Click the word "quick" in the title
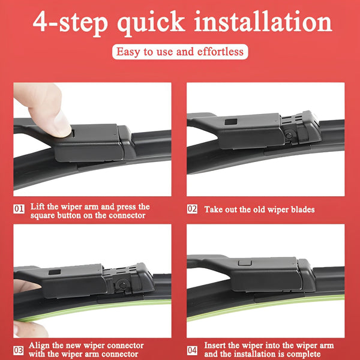coord(151,23)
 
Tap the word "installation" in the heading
coord(263,21)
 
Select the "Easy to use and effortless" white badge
coord(180,52)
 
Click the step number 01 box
coord(19,209)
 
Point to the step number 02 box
coord(192,209)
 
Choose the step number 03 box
coord(19,350)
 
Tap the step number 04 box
coord(192,350)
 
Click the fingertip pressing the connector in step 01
coord(60,126)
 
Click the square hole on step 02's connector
coord(231,122)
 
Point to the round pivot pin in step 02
coord(289,135)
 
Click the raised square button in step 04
coord(245,263)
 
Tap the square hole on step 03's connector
coord(55,272)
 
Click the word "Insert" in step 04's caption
coord(215,346)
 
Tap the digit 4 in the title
coord(41,21)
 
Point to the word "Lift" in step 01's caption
coord(38,206)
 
